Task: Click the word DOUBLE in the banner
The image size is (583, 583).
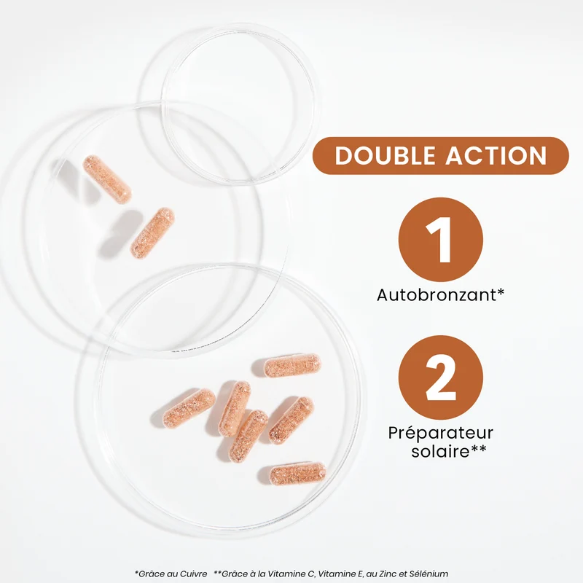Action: [x=386, y=155]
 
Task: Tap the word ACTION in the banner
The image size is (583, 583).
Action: [x=496, y=155]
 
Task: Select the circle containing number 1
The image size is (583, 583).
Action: [x=441, y=240]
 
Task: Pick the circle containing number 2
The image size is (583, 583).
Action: [x=441, y=377]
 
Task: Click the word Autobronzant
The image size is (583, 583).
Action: [x=437, y=295]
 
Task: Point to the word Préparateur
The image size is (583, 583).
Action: [x=441, y=433]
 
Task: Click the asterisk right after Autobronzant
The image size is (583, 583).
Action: [x=501, y=291]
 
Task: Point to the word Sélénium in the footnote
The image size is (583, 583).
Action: [x=431, y=574]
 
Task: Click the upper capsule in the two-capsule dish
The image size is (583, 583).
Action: [x=107, y=179]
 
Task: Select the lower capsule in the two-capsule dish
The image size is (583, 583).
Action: [x=152, y=232]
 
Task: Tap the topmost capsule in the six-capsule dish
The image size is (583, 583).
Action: [x=292, y=365]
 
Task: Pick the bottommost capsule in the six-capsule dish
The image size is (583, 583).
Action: [x=297, y=473]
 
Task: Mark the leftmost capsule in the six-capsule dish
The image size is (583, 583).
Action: [x=189, y=408]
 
